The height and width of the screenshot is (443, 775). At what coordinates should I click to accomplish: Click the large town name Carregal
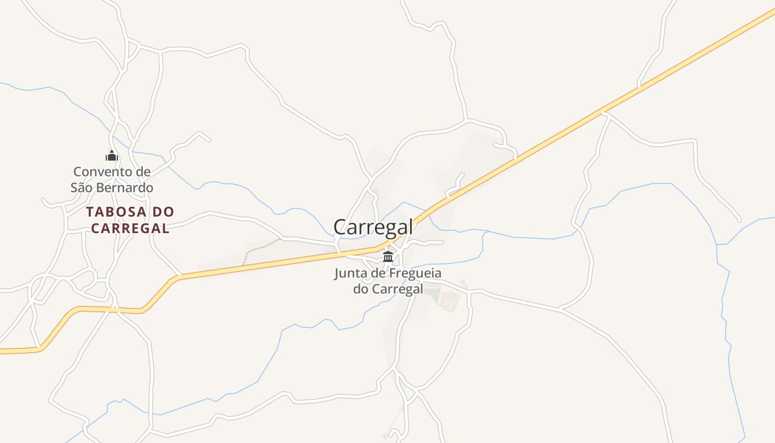373,227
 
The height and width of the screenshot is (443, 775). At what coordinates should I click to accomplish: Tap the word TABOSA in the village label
116,212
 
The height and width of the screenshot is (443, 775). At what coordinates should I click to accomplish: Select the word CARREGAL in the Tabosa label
130,228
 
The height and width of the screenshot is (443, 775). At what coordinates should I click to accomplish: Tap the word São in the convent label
82,188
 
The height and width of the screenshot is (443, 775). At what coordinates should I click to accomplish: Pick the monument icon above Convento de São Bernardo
112,156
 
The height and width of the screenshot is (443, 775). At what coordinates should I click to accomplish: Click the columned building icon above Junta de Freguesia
388,257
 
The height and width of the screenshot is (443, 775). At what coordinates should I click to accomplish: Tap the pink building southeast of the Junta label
449,300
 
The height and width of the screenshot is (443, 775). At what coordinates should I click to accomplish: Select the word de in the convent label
142,172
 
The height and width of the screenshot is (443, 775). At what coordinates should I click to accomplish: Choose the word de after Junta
379,273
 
